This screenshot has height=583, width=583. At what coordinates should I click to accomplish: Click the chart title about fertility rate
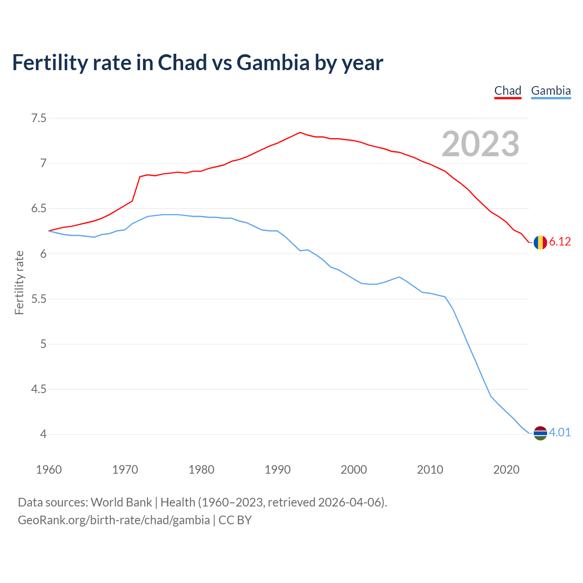tap(197, 62)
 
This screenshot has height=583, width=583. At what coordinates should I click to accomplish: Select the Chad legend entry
tap(507, 91)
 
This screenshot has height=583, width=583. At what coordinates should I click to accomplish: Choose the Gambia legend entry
tap(551, 91)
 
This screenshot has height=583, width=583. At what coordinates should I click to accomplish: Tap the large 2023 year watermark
tap(480, 144)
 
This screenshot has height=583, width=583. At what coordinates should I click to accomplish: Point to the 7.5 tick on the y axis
tap(39, 118)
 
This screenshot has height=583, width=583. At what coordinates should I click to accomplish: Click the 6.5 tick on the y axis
tap(39, 209)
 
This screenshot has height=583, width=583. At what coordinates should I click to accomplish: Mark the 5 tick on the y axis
tap(43, 344)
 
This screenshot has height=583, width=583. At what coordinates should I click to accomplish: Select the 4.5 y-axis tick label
tap(39, 389)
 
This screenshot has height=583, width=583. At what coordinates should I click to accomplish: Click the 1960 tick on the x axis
tap(49, 470)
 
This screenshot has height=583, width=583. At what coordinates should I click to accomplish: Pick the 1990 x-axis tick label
tap(277, 470)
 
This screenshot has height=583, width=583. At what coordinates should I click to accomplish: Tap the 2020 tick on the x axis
tap(506, 470)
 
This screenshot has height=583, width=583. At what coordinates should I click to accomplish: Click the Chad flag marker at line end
tap(540, 242)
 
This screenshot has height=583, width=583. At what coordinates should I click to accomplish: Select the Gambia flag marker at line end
tap(540, 433)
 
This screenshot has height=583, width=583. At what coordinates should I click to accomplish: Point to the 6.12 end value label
tap(560, 242)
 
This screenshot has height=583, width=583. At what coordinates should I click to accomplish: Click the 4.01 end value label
tap(560, 432)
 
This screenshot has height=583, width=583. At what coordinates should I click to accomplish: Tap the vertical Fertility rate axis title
tap(19, 282)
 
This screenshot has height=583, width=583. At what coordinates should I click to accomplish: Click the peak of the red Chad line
tap(300, 133)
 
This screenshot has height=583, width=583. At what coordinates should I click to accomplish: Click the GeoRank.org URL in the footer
tap(114, 520)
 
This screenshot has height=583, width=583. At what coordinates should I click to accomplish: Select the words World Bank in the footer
tap(121, 502)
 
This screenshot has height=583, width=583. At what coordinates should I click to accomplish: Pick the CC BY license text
tap(235, 520)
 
